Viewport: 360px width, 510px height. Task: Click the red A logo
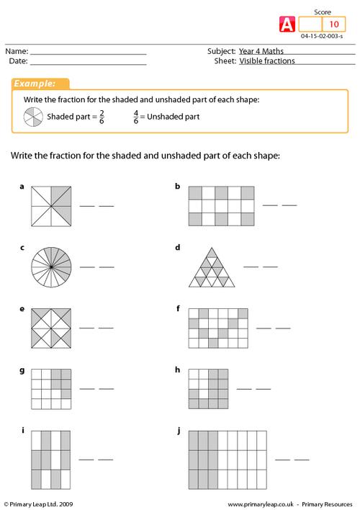pos(287,24)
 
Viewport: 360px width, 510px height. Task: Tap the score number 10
pos(334,24)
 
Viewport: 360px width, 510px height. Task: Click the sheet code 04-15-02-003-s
pos(322,36)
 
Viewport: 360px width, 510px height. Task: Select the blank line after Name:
pos(88,54)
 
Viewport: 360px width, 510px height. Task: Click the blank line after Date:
pos(88,64)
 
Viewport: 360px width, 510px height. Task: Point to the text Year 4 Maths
pos(261,51)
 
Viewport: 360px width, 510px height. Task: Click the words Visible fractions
pos(267,61)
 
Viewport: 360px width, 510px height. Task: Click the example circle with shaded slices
pos(33,117)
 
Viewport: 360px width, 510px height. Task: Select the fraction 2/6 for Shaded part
pos(102,117)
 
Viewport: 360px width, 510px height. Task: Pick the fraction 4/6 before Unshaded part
pos(136,117)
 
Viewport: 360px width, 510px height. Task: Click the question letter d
pos(178,248)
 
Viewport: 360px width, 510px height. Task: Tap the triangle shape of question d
pos(212,267)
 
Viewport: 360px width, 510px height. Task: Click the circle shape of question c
pos(51,267)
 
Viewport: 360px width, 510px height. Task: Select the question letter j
pos(179,431)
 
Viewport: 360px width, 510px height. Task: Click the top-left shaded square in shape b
pos(195,193)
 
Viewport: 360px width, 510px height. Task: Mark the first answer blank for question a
pos(87,206)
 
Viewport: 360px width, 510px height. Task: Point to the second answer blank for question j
pos(302,460)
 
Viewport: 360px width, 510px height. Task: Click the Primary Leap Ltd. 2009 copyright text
pos(38,504)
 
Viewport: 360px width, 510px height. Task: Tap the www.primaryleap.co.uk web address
pos(261,504)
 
